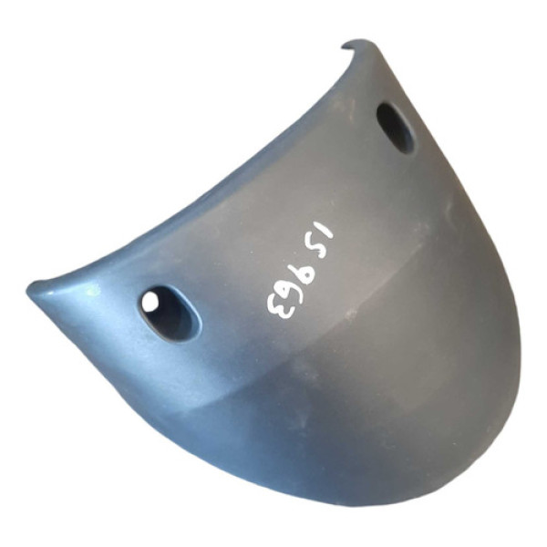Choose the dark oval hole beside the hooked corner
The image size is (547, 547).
(396, 128)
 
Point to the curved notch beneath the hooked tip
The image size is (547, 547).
(349, 50)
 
